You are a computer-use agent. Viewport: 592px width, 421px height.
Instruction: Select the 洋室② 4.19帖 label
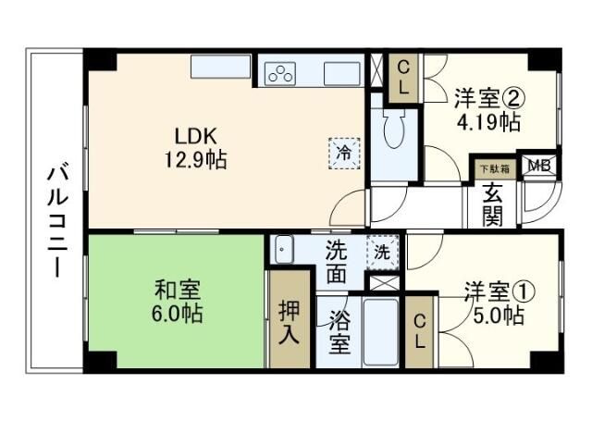pos(487,108)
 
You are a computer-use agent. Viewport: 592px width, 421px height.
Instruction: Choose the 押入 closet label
pos(290,320)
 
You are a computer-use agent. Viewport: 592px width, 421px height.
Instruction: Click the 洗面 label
pos(338,261)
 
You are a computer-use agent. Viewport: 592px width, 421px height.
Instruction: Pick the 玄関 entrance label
pos(490,204)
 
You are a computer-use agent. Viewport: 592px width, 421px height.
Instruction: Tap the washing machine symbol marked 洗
pos(380,251)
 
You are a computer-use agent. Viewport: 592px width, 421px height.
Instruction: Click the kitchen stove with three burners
pos(280,74)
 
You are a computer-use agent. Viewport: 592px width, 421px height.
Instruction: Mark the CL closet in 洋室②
pos(403,77)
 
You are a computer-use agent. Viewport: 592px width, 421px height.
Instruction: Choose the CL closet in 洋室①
pos(420,330)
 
